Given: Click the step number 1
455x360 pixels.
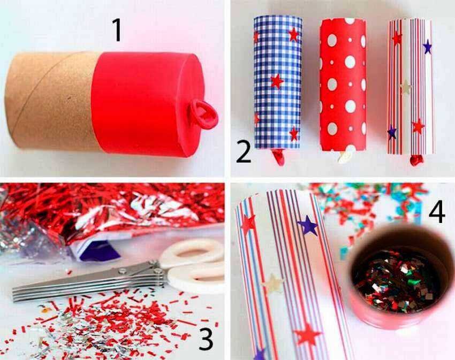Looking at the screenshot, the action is [x=117, y=30].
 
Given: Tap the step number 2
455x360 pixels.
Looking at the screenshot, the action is [x=244, y=152].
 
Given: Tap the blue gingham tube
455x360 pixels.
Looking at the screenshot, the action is [x=278, y=82].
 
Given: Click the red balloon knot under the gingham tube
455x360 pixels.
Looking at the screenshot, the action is [x=278, y=157].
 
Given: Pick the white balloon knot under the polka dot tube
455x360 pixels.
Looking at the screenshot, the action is [x=344, y=157].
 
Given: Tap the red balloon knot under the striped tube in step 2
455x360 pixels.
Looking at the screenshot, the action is [x=416, y=160].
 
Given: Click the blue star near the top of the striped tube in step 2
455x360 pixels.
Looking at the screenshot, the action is [x=427, y=47].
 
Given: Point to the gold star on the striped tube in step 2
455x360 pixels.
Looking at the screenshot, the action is [x=406, y=87].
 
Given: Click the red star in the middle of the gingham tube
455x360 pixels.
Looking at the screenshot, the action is [x=277, y=81].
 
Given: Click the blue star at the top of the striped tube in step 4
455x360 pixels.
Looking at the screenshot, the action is [x=308, y=225].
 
